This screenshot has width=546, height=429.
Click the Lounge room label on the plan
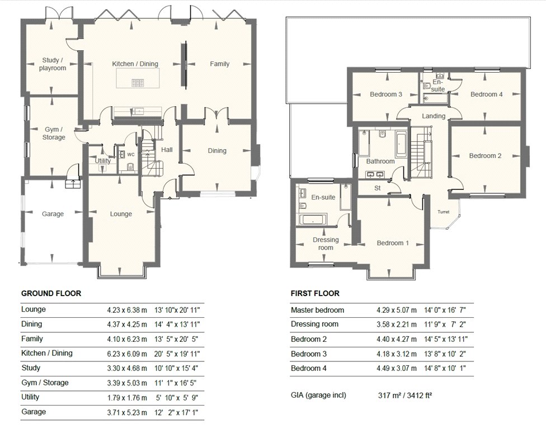[121, 214]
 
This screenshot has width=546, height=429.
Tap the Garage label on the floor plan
[53, 214]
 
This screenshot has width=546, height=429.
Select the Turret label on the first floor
[443, 212]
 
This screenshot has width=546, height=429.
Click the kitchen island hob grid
[138, 83]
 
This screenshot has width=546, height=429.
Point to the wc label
[130, 154]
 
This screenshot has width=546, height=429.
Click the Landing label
[434, 116]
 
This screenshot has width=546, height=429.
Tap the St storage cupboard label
[378, 188]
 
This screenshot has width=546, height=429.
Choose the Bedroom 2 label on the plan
[485, 156]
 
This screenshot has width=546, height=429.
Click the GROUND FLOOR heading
[51, 293]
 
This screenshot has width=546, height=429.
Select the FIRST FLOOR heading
[315, 293]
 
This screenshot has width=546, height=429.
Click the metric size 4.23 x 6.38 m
[127, 310]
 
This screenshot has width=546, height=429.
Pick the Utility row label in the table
[30, 397]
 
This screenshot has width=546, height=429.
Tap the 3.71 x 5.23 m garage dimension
[127, 413]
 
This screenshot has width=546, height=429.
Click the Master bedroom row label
[317, 310]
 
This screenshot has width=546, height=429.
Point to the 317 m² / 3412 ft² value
[405, 395]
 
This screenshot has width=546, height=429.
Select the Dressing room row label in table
[314, 325]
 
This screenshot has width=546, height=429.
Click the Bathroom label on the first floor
[380, 161]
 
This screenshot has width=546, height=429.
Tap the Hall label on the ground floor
[167, 150]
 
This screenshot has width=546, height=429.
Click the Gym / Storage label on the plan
[54, 133]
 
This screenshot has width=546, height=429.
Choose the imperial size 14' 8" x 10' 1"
[445, 368]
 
